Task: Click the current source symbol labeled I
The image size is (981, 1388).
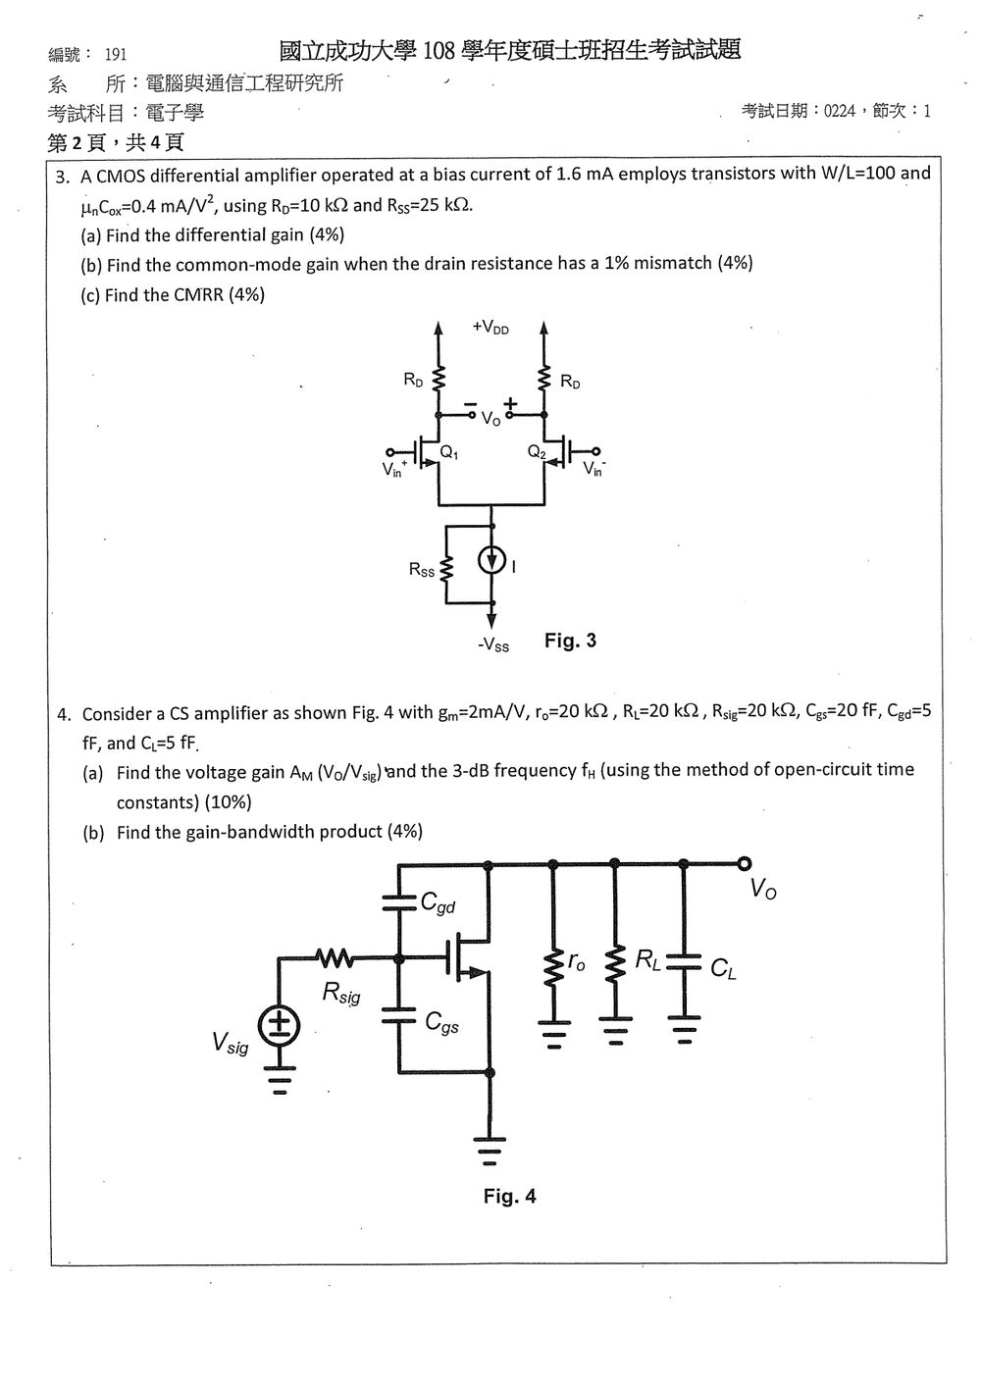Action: [x=492, y=561]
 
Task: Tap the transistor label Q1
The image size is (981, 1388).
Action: [x=448, y=453]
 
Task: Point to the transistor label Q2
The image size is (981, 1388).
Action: [x=537, y=452]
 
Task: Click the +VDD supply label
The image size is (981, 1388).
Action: [x=490, y=327]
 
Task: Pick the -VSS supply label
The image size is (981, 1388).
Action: [x=493, y=645]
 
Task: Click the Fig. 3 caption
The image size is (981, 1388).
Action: [x=570, y=641]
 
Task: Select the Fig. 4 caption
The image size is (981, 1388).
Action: [x=509, y=1196]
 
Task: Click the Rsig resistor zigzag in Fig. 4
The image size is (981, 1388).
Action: [x=335, y=958]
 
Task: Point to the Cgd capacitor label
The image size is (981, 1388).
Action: [x=438, y=902]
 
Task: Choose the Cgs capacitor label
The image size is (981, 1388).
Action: [x=441, y=1022]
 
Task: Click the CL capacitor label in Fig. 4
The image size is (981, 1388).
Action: [x=723, y=968]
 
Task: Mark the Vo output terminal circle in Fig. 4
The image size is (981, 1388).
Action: [x=745, y=864]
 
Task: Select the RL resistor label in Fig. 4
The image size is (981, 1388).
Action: [x=647, y=959]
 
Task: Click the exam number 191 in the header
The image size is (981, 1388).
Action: [x=115, y=55]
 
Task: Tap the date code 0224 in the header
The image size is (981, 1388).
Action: [x=840, y=111]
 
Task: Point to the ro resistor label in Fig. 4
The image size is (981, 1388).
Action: [x=576, y=961]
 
